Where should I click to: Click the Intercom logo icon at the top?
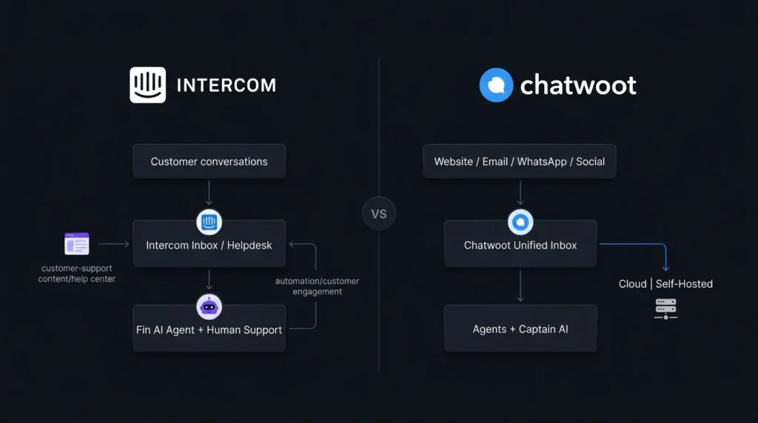147,85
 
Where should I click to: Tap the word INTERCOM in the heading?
227,86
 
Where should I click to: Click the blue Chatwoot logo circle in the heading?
496,85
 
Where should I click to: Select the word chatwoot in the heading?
578,86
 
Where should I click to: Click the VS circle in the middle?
379,214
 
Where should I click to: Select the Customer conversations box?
209,161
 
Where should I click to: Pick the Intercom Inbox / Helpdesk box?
209,244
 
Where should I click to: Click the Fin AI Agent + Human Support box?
209,328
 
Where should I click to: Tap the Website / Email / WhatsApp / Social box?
520,161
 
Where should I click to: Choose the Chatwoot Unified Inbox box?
520,244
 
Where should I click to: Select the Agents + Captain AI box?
520,328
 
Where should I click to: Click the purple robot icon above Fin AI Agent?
209,307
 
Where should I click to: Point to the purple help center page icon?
77,243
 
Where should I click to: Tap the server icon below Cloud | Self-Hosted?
665,308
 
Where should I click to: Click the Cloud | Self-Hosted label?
665,284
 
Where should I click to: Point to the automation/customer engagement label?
317,286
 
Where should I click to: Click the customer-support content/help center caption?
77,274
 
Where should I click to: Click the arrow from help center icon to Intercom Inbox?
113,244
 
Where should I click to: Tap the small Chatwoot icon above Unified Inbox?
520,222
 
